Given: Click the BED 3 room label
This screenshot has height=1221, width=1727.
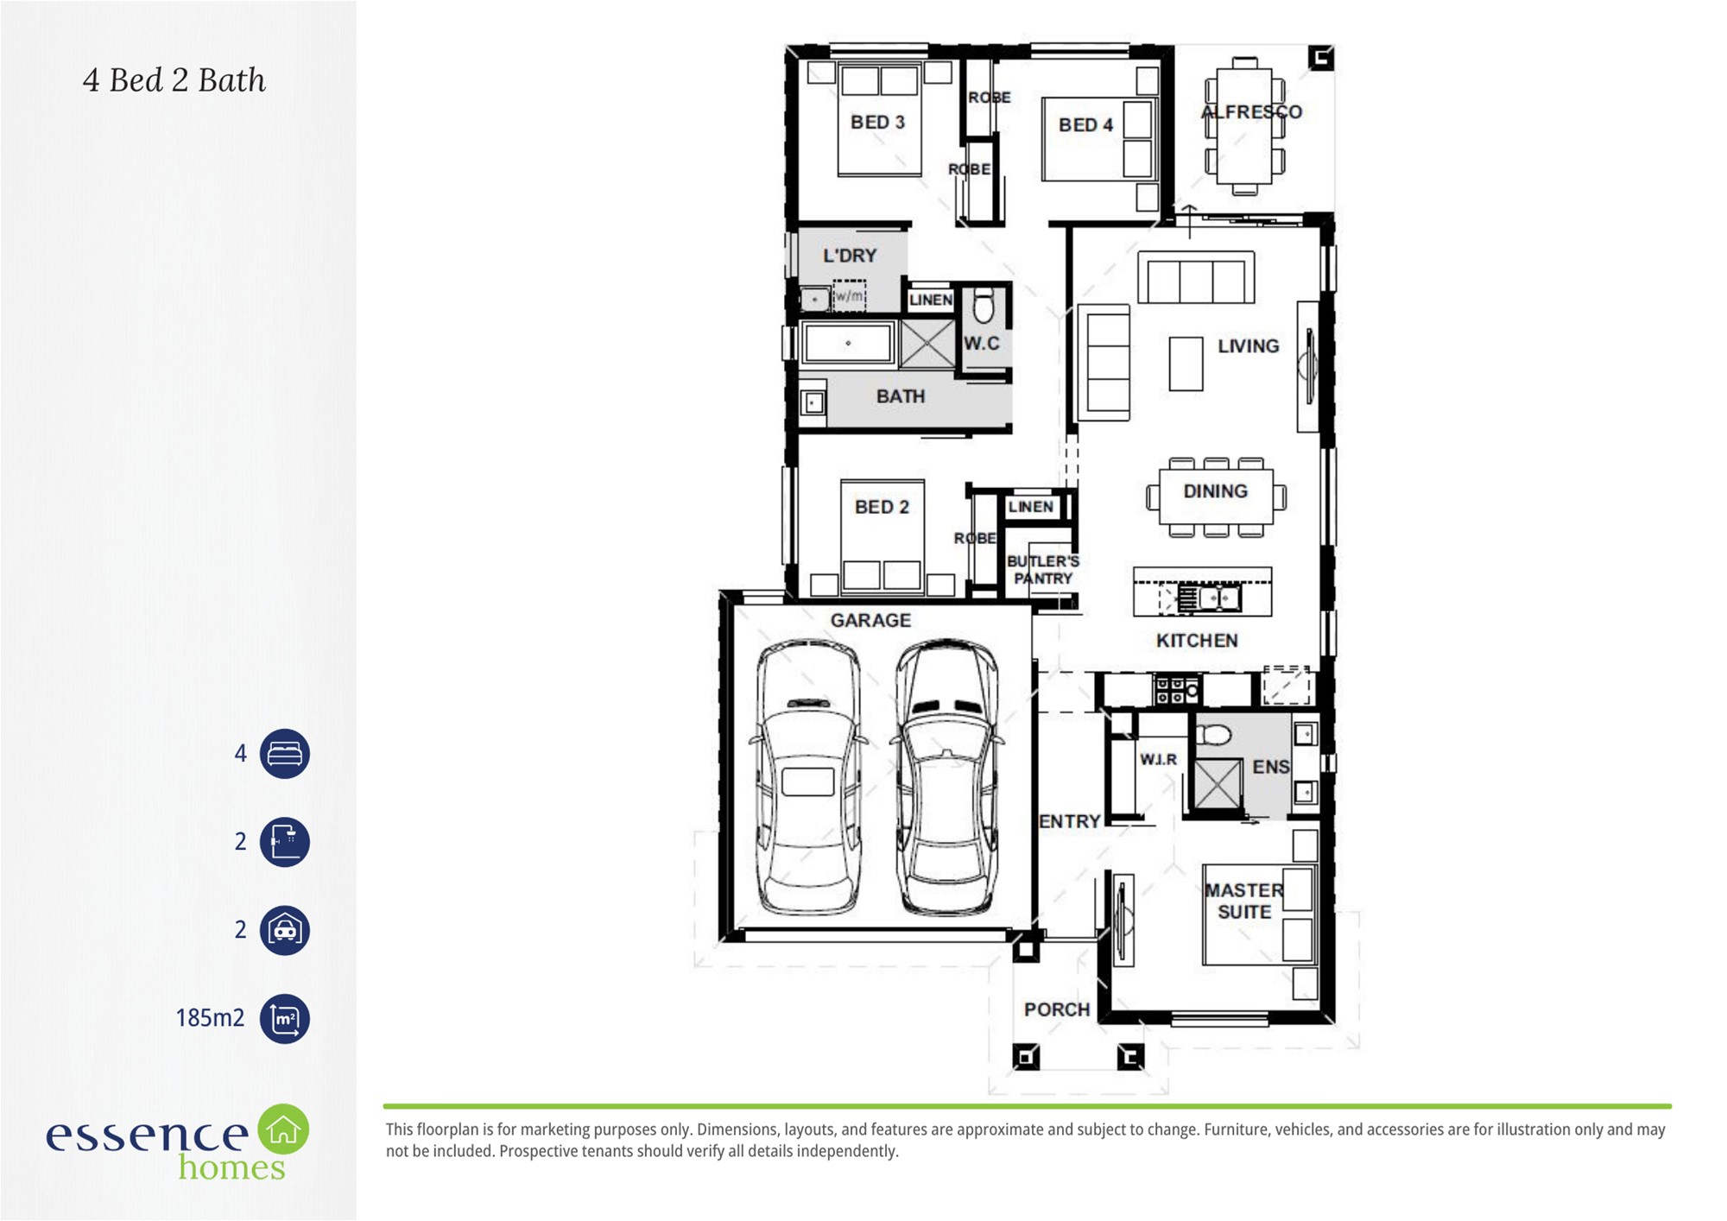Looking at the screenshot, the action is [877, 123].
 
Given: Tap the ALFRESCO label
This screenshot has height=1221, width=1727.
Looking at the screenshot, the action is [1251, 111].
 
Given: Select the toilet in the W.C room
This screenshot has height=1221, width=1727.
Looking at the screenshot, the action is [984, 306].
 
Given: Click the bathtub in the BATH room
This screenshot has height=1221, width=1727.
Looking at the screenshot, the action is [848, 344].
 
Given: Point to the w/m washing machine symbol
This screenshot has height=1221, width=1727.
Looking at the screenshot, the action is [849, 295].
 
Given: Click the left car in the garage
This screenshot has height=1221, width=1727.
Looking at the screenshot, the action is [807, 776].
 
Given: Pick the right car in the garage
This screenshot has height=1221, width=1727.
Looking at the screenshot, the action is [947, 776].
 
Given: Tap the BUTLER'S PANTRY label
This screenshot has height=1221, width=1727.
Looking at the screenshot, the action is [1043, 570].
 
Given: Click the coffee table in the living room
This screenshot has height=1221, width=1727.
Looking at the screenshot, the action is [1186, 364].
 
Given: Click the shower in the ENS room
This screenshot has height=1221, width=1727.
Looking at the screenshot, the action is [1218, 785].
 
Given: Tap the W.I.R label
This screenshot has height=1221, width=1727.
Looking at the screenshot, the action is [1158, 759].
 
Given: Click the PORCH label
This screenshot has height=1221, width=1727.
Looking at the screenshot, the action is [1057, 1009].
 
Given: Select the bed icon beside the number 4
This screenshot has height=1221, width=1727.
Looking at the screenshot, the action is [285, 754].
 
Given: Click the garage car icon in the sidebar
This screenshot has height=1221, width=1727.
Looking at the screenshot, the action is [285, 930].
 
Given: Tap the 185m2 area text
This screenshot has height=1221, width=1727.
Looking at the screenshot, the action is [210, 1018].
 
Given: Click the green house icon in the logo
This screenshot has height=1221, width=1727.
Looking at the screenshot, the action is [283, 1129].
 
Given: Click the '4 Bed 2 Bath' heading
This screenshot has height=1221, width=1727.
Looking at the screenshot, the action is [174, 80].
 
